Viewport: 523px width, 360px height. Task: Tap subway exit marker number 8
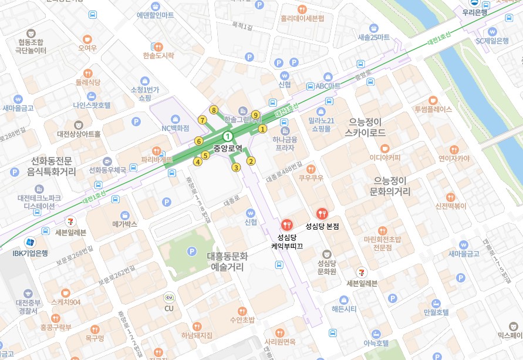pyautogui.click(x=214, y=110)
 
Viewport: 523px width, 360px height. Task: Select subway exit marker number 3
pyautogui.click(x=236, y=167)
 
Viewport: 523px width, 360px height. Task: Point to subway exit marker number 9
pyautogui.click(x=255, y=115)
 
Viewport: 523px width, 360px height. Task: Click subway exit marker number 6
pyautogui.click(x=199, y=141)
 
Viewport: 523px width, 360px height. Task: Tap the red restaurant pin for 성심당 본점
pyautogui.click(x=321, y=214)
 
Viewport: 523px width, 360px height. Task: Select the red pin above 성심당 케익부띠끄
pyautogui.click(x=286, y=224)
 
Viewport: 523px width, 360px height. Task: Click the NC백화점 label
pyautogui.click(x=175, y=127)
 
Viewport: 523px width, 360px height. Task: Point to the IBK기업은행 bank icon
pyautogui.click(x=29, y=242)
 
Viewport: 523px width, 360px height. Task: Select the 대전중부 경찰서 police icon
pyautogui.click(x=27, y=292)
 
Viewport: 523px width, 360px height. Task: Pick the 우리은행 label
pyautogui.click(x=475, y=12)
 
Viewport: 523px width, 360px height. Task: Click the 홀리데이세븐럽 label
pyautogui.click(x=302, y=18)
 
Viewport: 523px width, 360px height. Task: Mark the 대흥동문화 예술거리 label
pyautogui.click(x=228, y=261)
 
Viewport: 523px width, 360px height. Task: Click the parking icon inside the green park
pyautogui.click(x=191, y=251)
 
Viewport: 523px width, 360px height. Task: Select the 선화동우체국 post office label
pyautogui.click(x=107, y=170)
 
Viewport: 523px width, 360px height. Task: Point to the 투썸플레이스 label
pyautogui.click(x=433, y=109)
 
